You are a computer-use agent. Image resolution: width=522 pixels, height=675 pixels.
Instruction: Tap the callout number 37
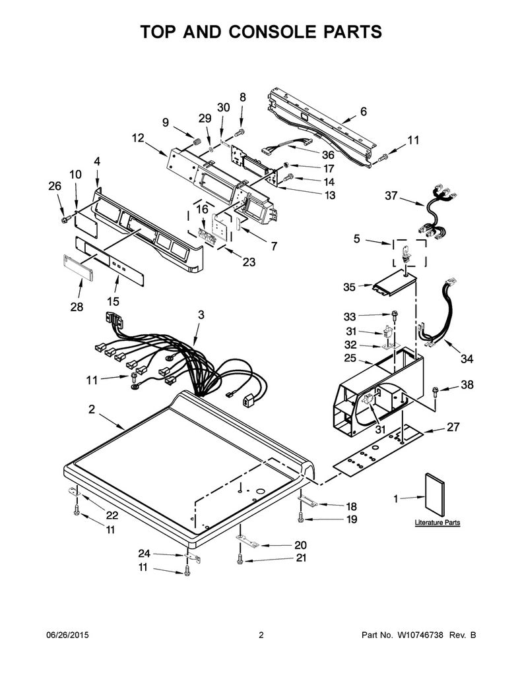click(x=391, y=196)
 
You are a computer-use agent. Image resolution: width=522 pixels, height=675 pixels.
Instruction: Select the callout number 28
click(x=77, y=307)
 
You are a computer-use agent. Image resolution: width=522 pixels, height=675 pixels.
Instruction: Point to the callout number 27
click(x=453, y=426)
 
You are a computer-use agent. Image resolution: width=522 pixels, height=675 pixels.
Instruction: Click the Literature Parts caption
click(x=437, y=523)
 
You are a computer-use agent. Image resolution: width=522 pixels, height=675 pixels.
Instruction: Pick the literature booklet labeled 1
click(x=434, y=494)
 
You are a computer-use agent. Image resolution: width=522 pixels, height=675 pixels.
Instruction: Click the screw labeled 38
click(x=435, y=391)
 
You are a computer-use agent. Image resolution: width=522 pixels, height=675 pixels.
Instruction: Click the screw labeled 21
click(x=240, y=559)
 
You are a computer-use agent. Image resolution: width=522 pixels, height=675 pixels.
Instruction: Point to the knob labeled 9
click(x=197, y=142)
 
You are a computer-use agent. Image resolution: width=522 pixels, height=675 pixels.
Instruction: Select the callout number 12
click(x=138, y=138)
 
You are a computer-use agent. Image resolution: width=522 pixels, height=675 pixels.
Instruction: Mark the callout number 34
click(x=467, y=359)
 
